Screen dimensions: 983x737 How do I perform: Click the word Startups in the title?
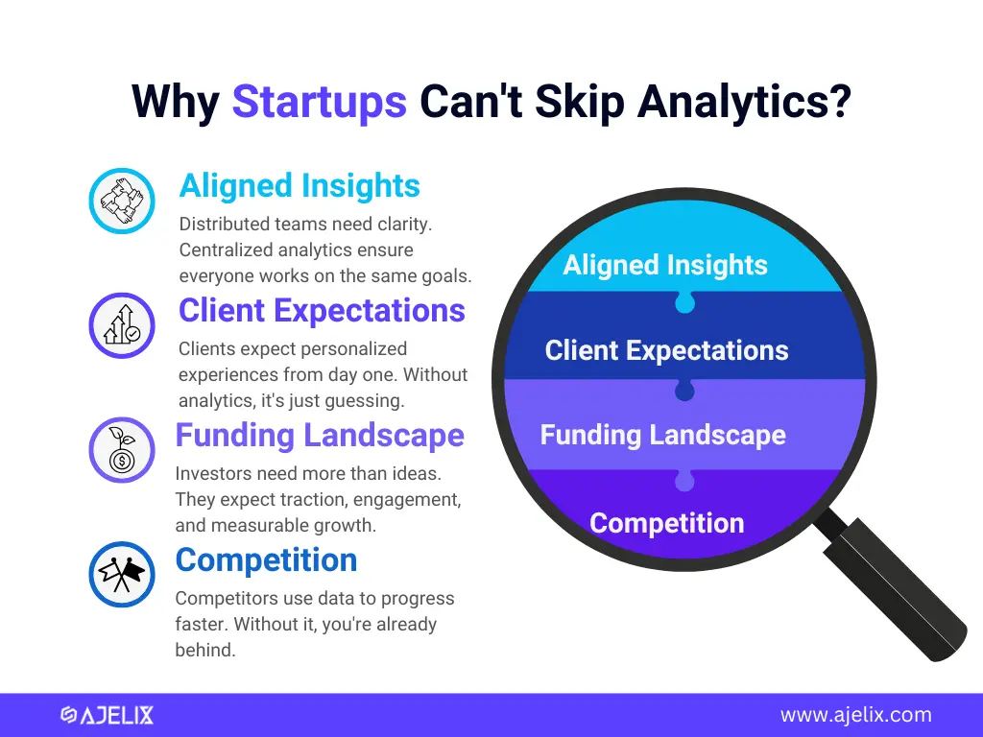pyautogui.click(x=319, y=102)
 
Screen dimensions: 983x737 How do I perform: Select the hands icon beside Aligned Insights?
pyautogui.click(x=122, y=201)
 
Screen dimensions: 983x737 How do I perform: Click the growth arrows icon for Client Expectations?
pyautogui.click(x=122, y=325)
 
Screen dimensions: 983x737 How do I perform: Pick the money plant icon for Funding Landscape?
pyautogui.click(x=122, y=449)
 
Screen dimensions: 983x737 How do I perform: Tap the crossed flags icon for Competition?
pyautogui.click(x=122, y=574)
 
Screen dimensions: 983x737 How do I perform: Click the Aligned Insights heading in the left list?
pyautogui.click(x=300, y=185)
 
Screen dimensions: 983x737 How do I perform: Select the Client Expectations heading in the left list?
pyautogui.click(x=322, y=310)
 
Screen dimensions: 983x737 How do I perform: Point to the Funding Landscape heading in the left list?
pyautogui.click(x=320, y=435)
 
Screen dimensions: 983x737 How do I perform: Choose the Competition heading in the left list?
pyautogui.click(x=267, y=559)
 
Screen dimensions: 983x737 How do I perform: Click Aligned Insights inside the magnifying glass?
pyautogui.click(x=665, y=265)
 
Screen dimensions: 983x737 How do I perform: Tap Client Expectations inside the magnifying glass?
pyautogui.click(x=666, y=350)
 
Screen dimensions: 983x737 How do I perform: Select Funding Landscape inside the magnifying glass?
pyautogui.click(x=662, y=435)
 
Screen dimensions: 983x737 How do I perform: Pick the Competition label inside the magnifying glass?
pyautogui.click(x=666, y=523)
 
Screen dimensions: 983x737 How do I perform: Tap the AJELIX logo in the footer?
pyautogui.click(x=107, y=715)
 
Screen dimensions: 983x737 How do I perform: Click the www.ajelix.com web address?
pyautogui.click(x=855, y=714)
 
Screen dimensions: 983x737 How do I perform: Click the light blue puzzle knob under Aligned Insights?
pyautogui.click(x=684, y=302)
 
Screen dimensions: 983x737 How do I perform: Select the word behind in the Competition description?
pyautogui.click(x=205, y=650)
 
